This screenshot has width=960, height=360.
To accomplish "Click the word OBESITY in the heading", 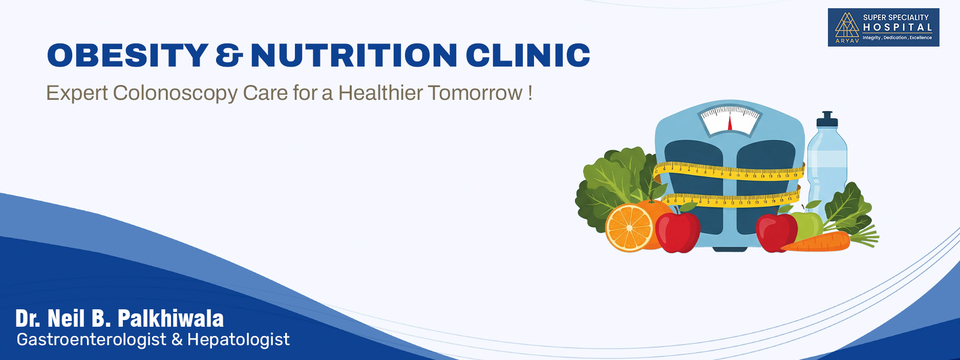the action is tap(127, 55).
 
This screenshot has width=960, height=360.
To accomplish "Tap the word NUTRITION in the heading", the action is tap(354, 55).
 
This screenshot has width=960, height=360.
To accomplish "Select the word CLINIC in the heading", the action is tap(528, 55).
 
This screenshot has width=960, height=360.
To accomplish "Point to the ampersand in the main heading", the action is tap(229, 55).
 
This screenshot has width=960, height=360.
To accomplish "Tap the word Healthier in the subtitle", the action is tap(380, 93).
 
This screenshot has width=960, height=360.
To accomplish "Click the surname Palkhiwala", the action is tap(171, 319).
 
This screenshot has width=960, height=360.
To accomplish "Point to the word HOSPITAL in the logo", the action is tap(898, 28).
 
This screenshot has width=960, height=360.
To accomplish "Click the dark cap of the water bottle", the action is tap(827, 119).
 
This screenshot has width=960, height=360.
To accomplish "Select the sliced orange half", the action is tap(629, 228).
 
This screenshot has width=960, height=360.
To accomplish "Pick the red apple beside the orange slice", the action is tap(677, 231).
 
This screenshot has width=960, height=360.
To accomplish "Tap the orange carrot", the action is tap(815, 242).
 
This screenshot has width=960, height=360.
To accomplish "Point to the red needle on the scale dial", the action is tap(730, 123).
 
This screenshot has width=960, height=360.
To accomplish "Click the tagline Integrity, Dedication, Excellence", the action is tap(897, 38).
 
